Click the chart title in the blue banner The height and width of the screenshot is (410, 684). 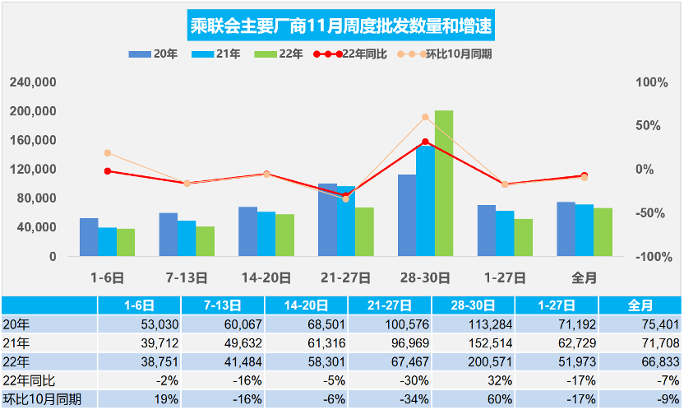coord(342,26)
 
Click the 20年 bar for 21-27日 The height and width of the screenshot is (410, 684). coord(327,219)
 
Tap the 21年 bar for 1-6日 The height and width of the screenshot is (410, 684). coord(108,241)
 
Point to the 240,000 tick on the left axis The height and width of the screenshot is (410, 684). coord(33,83)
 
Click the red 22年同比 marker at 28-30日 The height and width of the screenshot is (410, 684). coord(425,142)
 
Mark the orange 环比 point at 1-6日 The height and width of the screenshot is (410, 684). coord(108,153)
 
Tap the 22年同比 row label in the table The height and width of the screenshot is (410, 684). coord(28,380)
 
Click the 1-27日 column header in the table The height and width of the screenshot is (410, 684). coord(557,305)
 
